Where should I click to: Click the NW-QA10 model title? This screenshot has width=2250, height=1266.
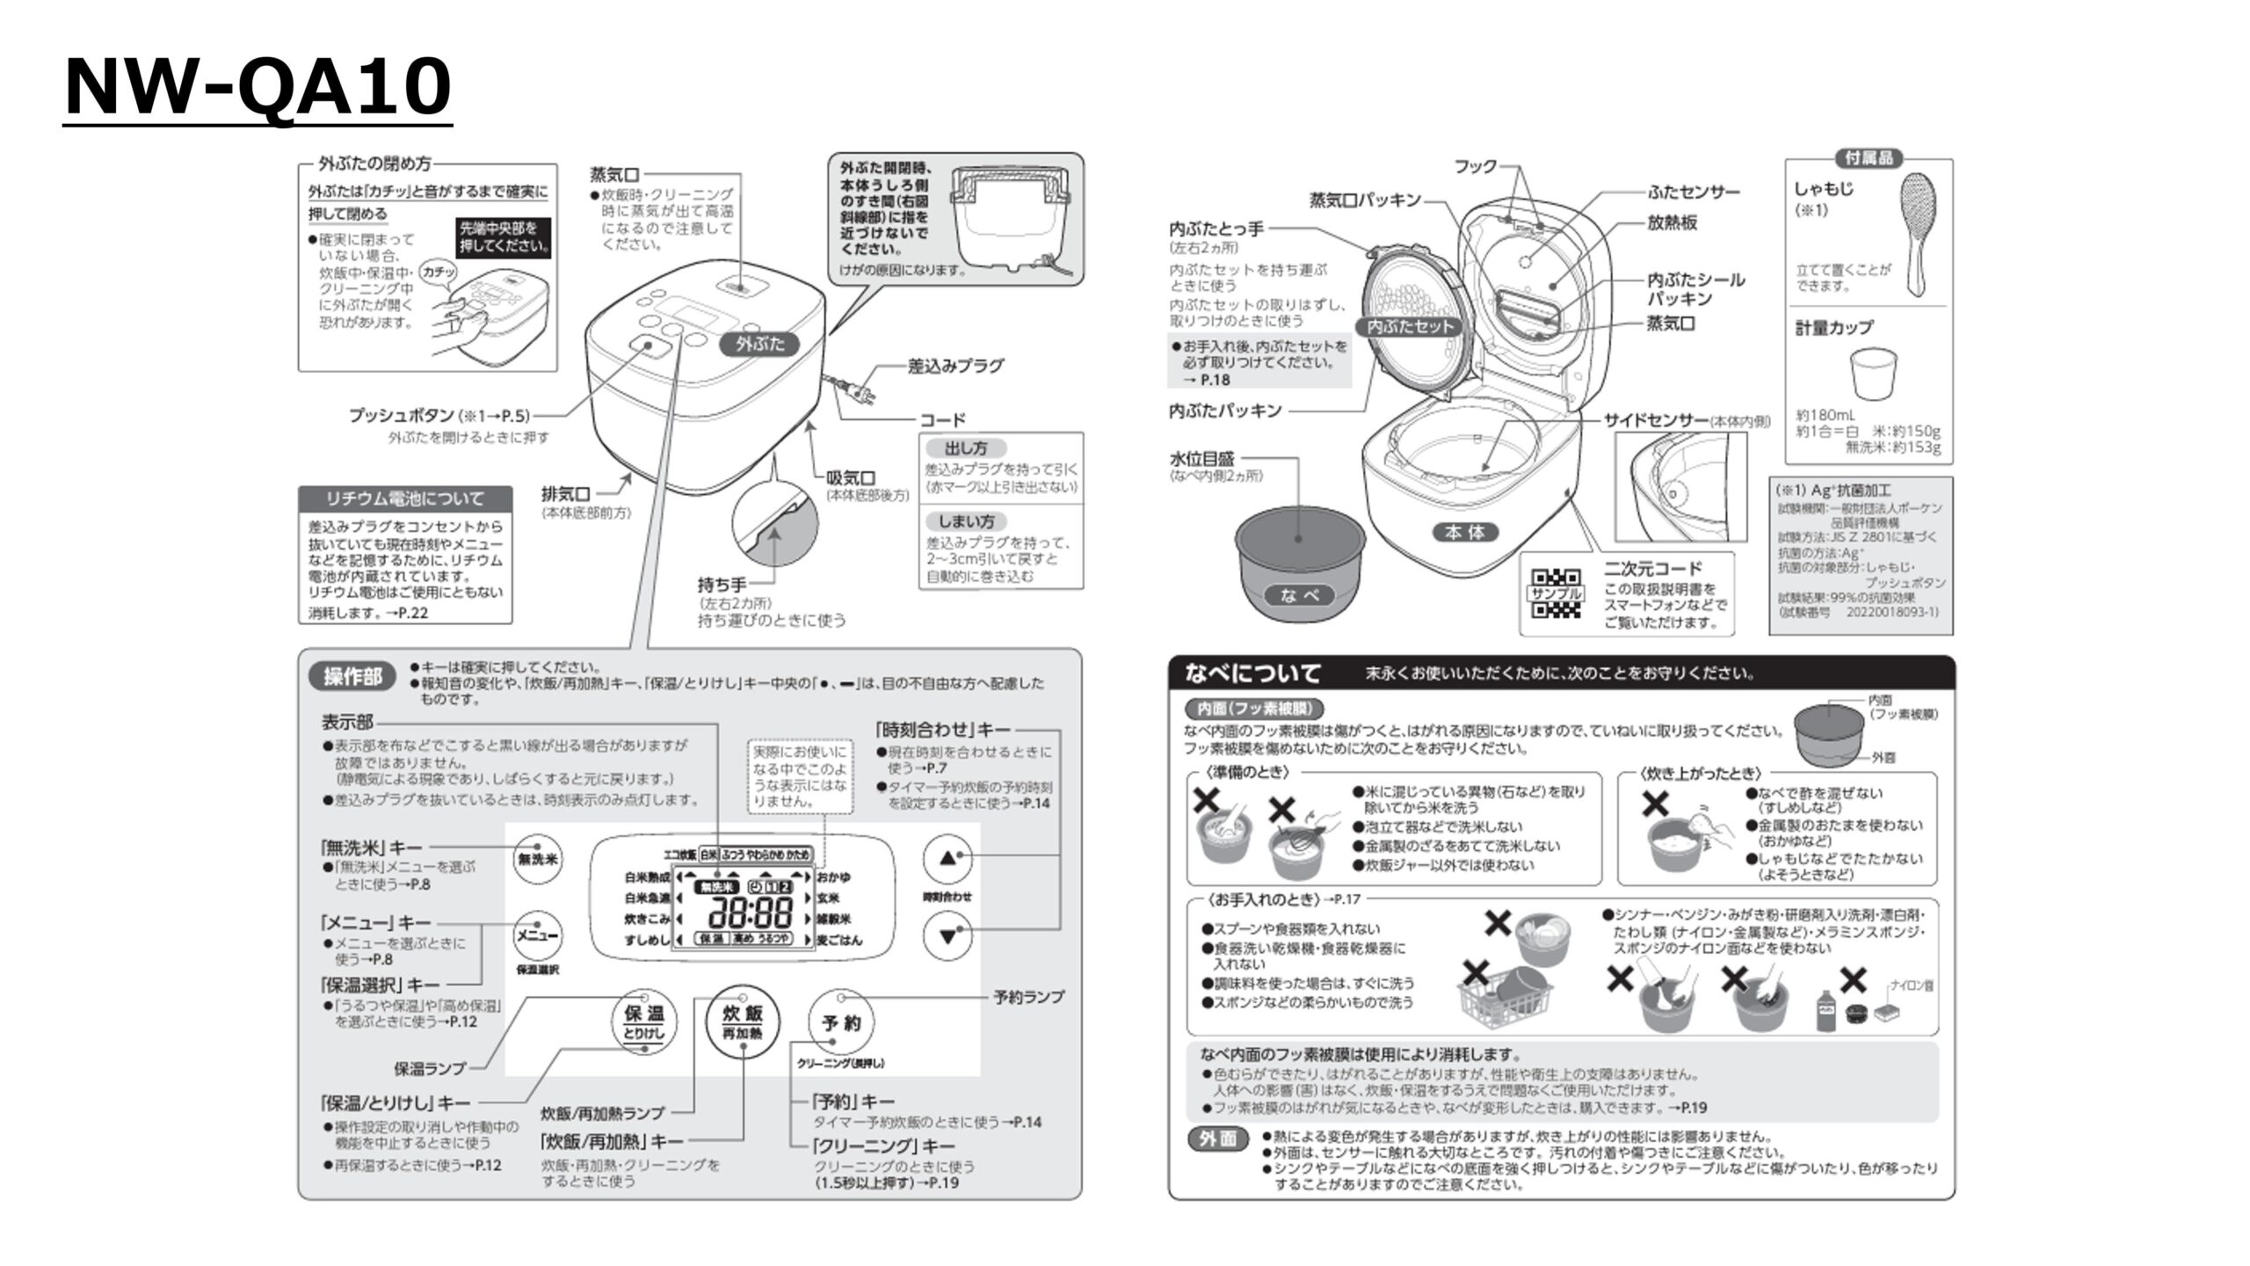(x=258, y=87)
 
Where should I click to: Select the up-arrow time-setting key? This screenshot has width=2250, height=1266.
(x=947, y=858)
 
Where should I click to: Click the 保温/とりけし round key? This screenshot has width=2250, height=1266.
(x=644, y=1022)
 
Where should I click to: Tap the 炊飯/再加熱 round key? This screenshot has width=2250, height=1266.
(x=743, y=1022)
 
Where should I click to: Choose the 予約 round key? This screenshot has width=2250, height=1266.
(x=841, y=1022)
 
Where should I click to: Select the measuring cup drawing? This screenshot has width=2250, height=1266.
(x=1873, y=373)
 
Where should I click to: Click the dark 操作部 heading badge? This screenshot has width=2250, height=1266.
(x=353, y=676)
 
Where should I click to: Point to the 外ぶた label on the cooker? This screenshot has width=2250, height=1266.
(x=760, y=344)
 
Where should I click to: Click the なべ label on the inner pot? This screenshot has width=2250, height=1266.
(x=1300, y=595)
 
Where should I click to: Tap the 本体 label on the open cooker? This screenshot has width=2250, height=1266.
(x=1465, y=532)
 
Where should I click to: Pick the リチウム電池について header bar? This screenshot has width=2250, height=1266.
(x=404, y=498)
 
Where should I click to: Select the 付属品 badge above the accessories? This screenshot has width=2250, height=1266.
(x=1869, y=158)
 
